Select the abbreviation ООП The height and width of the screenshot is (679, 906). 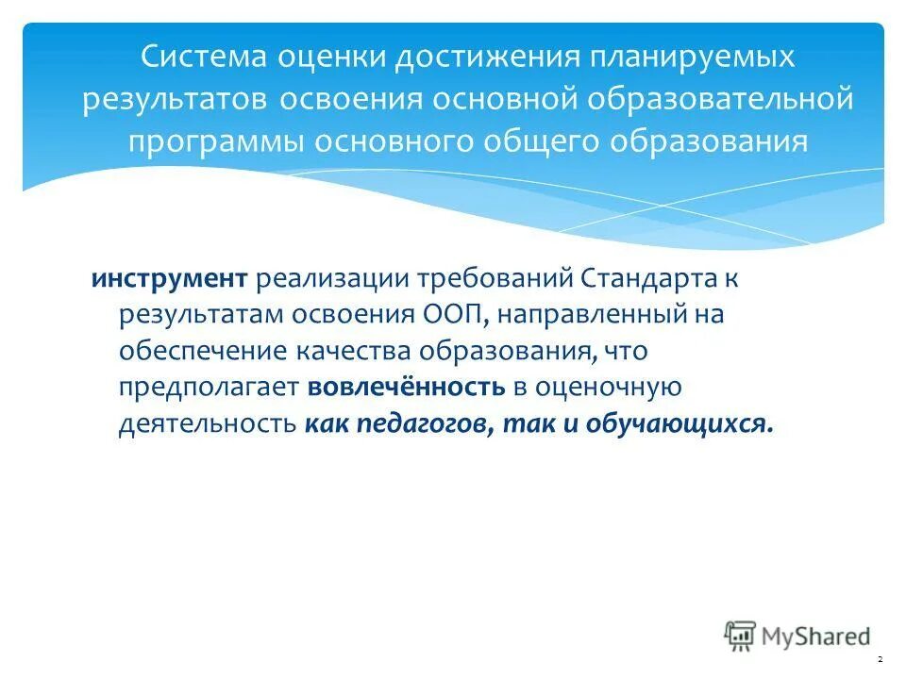pyautogui.click(x=448, y=314)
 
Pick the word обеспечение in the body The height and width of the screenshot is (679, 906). pyautogui.click(x=202, y=350)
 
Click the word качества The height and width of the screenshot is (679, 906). pyautogui.click(x=354, y=350)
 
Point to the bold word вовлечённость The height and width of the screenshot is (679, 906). pyautogui.click(x=404, y=386)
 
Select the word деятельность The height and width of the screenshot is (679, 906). pyautogui.click(x=208, y=422)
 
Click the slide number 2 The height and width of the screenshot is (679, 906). pyautogui.click(x=880, y=658)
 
